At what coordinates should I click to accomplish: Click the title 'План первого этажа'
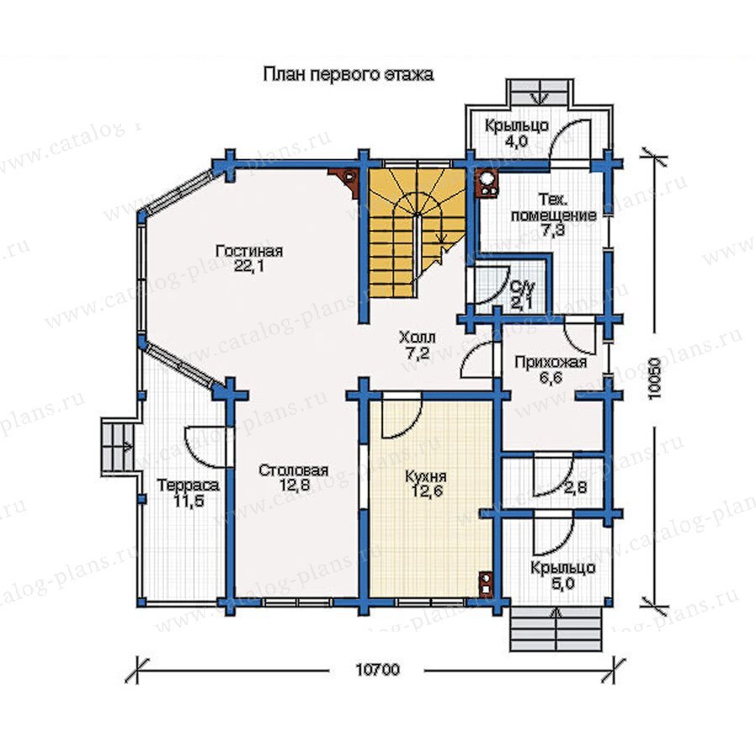click(x=348, y=75)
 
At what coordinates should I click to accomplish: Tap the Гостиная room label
click(x=249, y=251)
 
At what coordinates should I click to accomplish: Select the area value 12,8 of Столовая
click(x=294, y=486)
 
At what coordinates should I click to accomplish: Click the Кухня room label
click(x=426, y=476)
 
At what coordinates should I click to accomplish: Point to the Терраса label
click(x=188, y=485)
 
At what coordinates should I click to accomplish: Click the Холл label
click(x=417, y=337)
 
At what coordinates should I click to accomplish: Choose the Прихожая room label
click(x=551, y=361)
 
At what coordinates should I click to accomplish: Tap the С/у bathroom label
click(x=522, y=288)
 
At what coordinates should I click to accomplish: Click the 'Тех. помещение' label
click(x=553, y=207)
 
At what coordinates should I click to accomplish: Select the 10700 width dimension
click(x=378, y=669)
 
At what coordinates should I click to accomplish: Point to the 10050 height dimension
click(x=654, y=378)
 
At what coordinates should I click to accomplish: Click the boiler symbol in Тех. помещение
click(x=488, y=185)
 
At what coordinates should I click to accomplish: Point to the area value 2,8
click(x=575, y=487)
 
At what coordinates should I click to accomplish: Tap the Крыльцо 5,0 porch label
click(x=563, y=575)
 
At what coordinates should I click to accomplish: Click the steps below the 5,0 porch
click(x=558, y=630)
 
